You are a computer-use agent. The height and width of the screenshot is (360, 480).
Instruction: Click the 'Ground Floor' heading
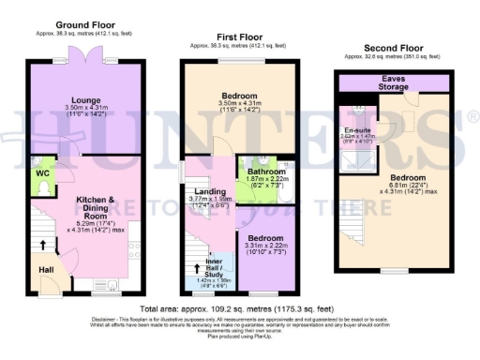click(84, 23)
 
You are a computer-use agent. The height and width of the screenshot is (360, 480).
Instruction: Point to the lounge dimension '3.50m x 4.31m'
click(84, 109)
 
